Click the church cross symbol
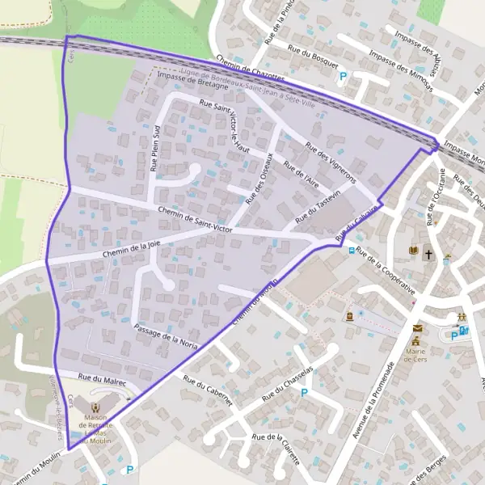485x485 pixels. point(428,252)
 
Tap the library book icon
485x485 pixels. point(414,252)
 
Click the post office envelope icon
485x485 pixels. point(417,328)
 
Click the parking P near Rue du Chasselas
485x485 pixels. point(305,393)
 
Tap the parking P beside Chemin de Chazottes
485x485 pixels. point(343,78)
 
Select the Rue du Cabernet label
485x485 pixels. point(208,390)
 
